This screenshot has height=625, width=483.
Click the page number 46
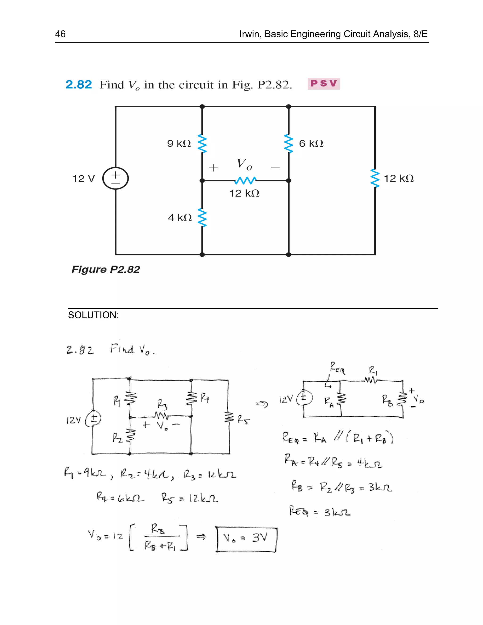coord(60,34)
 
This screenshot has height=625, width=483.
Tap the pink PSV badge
coord(324,83)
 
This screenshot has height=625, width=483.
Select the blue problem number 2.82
coord(79,84)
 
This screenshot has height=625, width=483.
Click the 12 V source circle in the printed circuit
coord(116,178)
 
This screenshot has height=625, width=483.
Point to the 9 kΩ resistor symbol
coord(202,143)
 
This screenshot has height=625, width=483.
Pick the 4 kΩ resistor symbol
coord(202,218)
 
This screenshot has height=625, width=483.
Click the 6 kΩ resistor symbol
coord(289,143)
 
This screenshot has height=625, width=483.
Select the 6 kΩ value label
coord(311,143)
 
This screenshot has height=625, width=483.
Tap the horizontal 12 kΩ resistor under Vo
coord(245,181)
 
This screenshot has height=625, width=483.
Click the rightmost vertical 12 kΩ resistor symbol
coord(375,178)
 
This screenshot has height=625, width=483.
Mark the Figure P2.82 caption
coord(106,269)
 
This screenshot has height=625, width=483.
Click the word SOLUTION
coord(93,315)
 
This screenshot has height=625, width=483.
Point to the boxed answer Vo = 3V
coord(246,539)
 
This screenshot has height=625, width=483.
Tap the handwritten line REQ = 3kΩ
coord(320,511)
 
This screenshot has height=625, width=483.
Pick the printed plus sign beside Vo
coord(213,168)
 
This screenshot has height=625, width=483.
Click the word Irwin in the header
coord(250,34)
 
